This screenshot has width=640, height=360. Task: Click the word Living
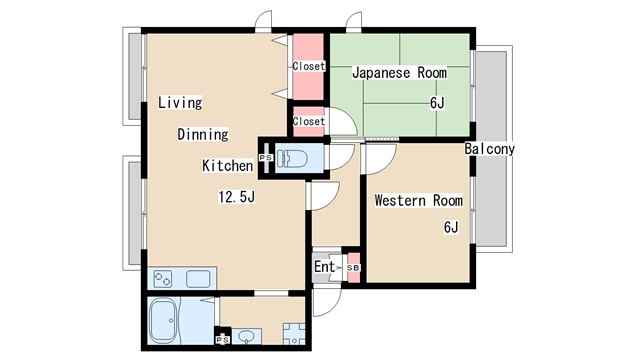tap(180, 102)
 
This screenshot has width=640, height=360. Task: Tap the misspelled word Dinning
tap(203, 134)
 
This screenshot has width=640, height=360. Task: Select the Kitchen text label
tap(227, 166)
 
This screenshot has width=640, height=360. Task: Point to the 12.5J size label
tap(237, 196)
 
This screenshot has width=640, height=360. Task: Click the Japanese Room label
tap(398, 73)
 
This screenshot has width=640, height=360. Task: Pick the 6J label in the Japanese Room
tap(437, 103)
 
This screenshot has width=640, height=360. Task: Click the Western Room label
tap(418, 201)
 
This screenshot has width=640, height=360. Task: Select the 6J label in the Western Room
tap(450, 227)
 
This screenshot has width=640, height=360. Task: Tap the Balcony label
tap(490, 149)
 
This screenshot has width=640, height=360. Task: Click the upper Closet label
tap(309, 67)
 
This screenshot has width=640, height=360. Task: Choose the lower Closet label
tap(309, 122)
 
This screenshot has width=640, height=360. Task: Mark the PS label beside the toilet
tap(265, 158)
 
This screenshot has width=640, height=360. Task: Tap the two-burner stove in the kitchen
tap(163, 279)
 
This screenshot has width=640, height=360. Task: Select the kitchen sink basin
tap(197, 279)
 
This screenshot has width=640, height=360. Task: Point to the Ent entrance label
tap(325, 267)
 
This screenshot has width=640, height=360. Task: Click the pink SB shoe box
tap(352, 267)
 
